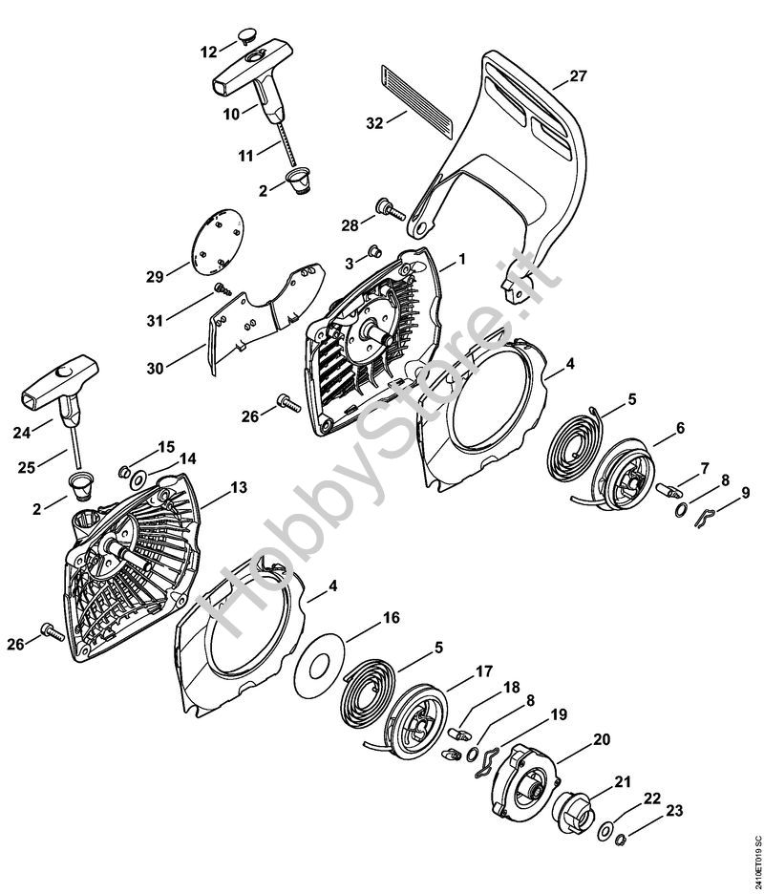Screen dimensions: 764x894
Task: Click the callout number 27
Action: [578, 75]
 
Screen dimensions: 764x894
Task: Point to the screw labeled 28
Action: [390, 209]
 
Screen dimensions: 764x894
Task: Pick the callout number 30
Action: [155, 369]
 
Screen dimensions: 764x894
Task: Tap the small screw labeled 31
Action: [223, 289]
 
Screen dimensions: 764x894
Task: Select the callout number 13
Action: [239, 487]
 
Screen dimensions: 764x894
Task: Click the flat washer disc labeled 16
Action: [321, 666]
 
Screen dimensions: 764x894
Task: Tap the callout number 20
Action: [602, 739]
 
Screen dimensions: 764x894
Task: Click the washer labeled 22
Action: [604, 831]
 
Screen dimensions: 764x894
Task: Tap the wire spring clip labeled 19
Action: [486, 762]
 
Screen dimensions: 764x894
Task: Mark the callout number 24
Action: [22, 433]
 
